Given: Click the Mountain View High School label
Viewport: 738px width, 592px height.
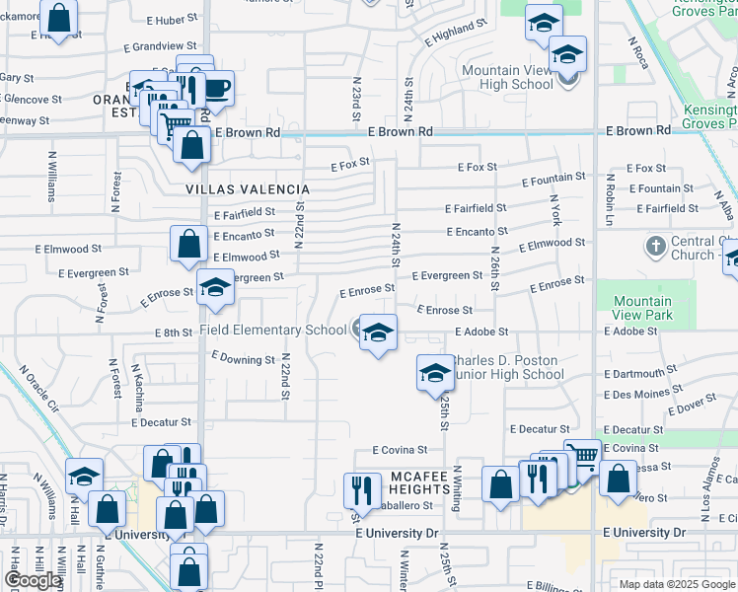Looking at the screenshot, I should click(x=507, y=78).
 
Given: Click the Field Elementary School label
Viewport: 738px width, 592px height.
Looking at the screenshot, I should click(x=273, y=330).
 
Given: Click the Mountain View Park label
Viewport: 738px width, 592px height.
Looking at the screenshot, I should click(x=642, y=309).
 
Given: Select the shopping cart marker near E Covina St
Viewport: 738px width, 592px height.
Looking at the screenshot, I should click(x=584, y=456).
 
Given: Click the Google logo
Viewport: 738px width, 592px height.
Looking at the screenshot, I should click(x=32, y=581).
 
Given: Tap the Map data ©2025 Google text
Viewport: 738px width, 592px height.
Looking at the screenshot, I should click(x=678, y=584).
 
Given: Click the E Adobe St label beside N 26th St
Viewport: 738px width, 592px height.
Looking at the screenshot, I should click(x=481, y=333).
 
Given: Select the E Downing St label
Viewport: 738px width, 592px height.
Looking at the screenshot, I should click(x=242, y=360).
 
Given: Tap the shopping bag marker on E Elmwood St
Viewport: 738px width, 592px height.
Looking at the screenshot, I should click(x=187, y=243).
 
